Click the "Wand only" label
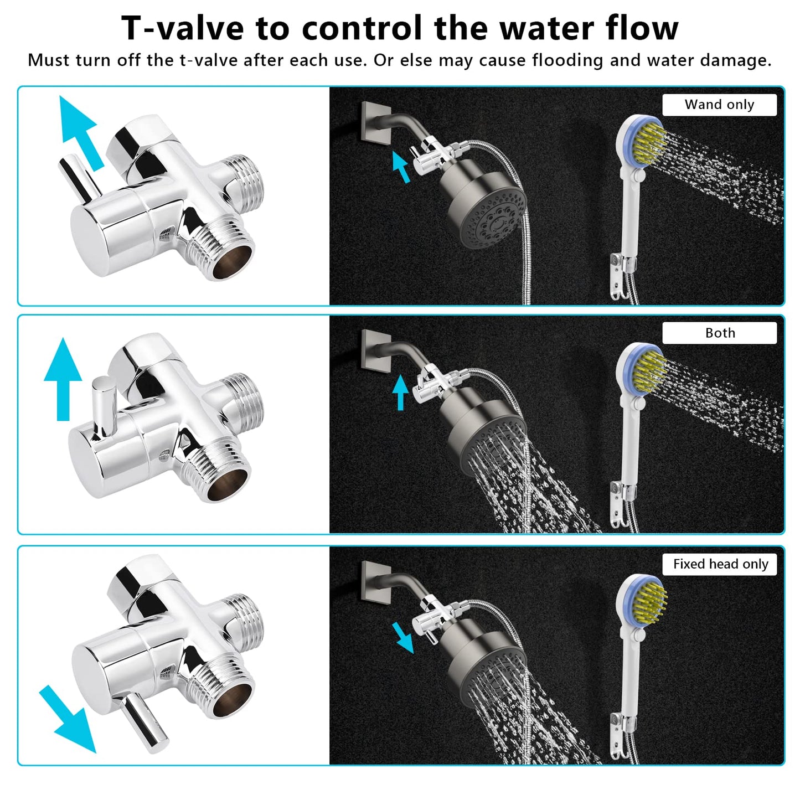[719, 105]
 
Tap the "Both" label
[720, 333]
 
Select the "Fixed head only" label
[721, 564]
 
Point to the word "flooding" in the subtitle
[567, 60]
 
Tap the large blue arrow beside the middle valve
[63, 379]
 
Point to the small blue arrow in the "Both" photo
[400, 393]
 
